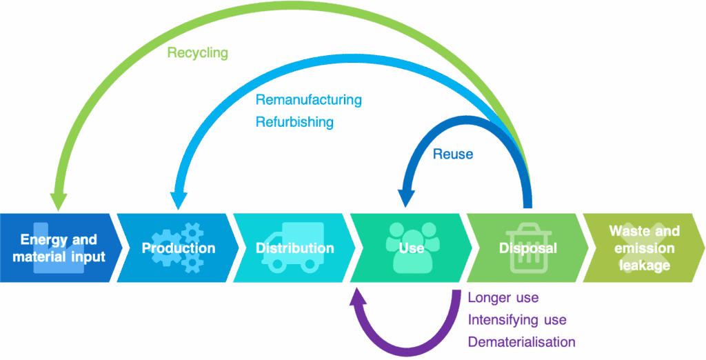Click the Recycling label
pos(197,53)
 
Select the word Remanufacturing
pos(308,100)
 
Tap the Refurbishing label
pos(294,122)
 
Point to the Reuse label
pos(453,154)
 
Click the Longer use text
pos(503,298)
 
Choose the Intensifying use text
pos(517,320)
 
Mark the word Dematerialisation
pos(521,342)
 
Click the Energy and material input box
pos(59,248)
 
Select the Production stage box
pos(178,248)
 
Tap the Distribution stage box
pos(294,248)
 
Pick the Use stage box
pos(411,248)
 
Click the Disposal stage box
pos(527,248)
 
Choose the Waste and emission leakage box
pos(644,248)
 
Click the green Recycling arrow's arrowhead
pos(59,200)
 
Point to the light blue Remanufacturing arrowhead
pos(178,199)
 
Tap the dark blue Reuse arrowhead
pos(407,199)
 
